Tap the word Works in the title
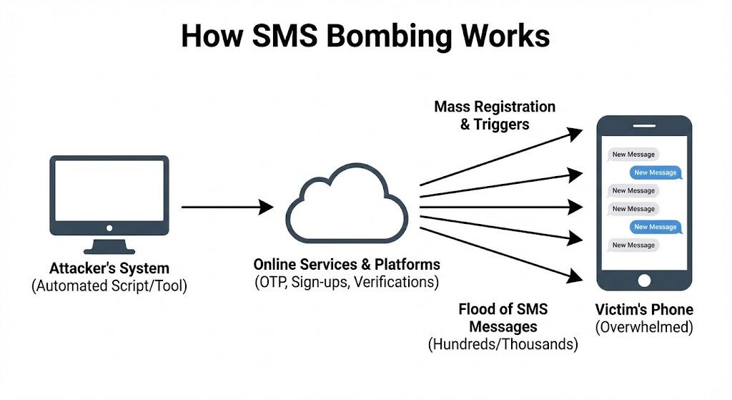coord(505,34)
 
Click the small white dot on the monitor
coord(109,228)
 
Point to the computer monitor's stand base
coord(109,250)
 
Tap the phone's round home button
coord(644,280)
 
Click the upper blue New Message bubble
coord(655,172)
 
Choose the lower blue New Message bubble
coord(655,227)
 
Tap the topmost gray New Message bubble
coord(633,154)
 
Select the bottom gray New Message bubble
coord(633,245)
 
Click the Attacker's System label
coord(109,269)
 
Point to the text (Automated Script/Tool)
coord(109,286)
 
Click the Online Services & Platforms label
coord(347,264)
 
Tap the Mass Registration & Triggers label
coord(495,115)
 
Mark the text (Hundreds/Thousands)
coord(503,343)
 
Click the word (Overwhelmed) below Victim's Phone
coord(644,327)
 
